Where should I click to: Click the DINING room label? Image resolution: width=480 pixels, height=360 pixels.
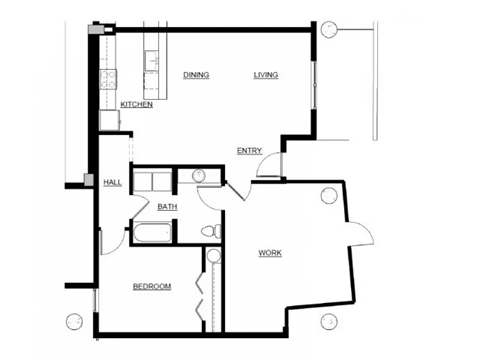pyautogui.click(x=196, y=75)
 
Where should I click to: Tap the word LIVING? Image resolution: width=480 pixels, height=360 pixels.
pyautogui.click(x=266, y=75)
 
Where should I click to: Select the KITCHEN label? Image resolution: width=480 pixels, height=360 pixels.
pyautogui.click(x=136, y=105)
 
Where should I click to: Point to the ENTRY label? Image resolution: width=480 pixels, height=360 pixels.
pyautogui.click(x=249, y=151)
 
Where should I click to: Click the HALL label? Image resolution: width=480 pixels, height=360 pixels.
pyautogui.click(x=112, y=182)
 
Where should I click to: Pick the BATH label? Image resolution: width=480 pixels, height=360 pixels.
pyautogui.click(x=167, y=207)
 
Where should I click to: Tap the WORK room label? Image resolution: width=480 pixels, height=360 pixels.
pyautogui.click(x=270, y=253)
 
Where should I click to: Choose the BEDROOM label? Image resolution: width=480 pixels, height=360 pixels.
pyautogui.click(x=152, y=287)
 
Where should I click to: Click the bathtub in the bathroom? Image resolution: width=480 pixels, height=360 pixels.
pyautogui.click(x=153, y=234)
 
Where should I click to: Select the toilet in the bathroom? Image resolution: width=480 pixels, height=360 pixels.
pyautogui.click(x=209, y=232)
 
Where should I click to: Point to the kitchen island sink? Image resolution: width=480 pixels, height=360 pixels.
pyautogui.click(x=152, y=62)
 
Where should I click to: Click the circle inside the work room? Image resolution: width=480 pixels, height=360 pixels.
pyautogui.click(x=328, y=196)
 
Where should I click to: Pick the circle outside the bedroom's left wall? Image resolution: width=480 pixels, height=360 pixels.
pyautogui.click(x=73, y=321)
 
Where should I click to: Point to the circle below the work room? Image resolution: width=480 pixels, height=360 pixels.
pyautogui.click(x=329, y=321)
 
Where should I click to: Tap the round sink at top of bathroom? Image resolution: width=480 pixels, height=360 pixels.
pyautogui.click(x=198, y=176)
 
